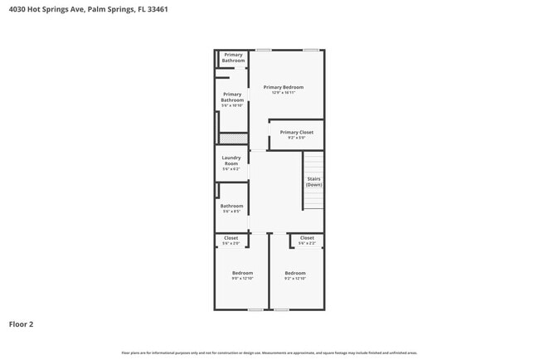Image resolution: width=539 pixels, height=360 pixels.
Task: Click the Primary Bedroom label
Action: (284, 89)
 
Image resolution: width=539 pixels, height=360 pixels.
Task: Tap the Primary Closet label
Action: (296, 134)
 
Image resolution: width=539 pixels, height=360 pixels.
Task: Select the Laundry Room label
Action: (231, 163)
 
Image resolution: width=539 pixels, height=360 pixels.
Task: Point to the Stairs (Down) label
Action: (313, 181)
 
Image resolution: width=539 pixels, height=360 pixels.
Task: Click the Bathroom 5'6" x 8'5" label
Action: (232, 208)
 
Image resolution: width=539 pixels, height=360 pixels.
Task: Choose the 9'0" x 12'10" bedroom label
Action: (242, 275)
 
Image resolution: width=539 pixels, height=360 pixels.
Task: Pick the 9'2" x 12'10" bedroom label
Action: (295, 275)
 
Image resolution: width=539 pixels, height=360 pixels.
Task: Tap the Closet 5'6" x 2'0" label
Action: (231, 240)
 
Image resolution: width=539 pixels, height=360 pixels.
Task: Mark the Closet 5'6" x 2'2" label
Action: (307, 240)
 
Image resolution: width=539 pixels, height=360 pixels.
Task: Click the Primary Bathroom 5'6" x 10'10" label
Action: (232, 100)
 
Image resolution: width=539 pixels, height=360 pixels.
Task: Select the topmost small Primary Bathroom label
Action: (233, 57)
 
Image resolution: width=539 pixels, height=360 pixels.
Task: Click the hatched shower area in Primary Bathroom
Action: (234, 139)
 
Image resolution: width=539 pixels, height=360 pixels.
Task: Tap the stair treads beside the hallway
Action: (313, 198)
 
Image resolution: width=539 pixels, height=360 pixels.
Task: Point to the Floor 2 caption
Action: (21, 324)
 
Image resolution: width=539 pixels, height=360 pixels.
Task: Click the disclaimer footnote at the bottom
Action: (269, 353)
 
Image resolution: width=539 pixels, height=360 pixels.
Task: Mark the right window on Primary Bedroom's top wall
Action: (311, 50)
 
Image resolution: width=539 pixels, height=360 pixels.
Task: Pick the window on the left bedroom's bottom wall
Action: (255, 310)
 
